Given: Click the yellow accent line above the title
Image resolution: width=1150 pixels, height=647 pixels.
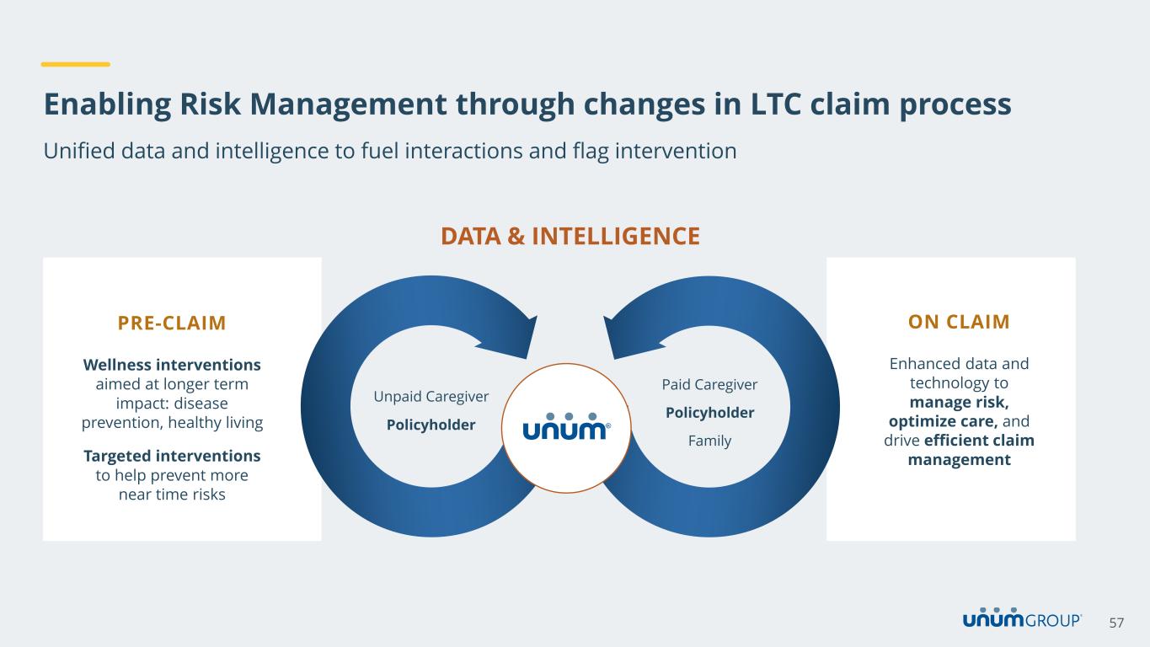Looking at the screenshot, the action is click(x=76, y=64).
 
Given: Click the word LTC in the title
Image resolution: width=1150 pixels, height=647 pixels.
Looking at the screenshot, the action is click(x=776, y=104).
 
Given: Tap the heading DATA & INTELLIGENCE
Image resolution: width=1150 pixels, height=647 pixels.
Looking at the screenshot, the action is click(x=570, y=236).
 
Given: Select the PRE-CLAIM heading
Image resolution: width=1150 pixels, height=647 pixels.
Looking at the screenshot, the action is click(x=172, y=323).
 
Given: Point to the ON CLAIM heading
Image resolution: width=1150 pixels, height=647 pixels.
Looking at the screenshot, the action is click(x=959, y=322).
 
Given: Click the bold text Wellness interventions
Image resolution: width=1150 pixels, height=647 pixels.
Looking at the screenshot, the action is click(x=172, y=365).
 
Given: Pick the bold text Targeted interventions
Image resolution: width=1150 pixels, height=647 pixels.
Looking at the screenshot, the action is click(x=172, y=456).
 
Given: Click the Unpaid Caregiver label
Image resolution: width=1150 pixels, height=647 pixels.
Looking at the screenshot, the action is click(x=431, y=397).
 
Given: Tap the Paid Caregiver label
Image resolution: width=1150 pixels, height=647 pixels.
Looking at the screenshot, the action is click(x=709, y=385).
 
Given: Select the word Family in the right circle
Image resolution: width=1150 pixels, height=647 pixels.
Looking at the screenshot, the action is click(x=709, y=441).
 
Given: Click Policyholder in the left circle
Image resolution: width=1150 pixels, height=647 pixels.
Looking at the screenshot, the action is click(x=431, y=425).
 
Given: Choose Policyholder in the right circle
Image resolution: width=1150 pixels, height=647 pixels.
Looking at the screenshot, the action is click(x=709, y=412).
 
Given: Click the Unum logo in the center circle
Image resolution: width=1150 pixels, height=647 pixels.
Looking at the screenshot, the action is click(x=566, y=427).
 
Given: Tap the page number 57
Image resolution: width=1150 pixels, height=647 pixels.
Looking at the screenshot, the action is click(x=1116, y=623).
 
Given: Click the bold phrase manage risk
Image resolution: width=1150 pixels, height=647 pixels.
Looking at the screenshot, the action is click(x=959, y=402).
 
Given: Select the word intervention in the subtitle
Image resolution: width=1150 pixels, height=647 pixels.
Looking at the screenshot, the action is click(x=676, y=151).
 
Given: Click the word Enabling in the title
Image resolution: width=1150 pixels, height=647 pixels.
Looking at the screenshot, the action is click(x=107, y=104).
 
